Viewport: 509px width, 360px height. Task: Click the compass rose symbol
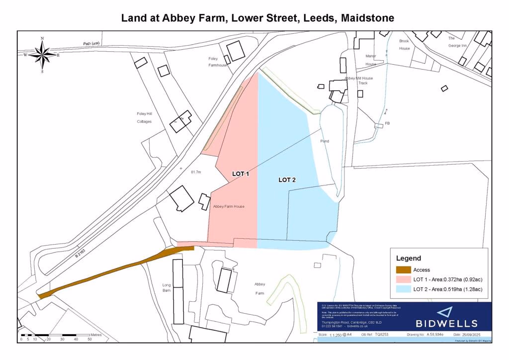(x=42, y=55)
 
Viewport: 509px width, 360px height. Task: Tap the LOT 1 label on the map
(x=241, y=174)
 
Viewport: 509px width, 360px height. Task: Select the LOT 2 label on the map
(x=287, y=180)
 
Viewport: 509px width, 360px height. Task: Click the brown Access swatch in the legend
(x=403, y=270)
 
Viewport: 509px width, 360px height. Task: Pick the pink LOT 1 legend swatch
(x=403, y=279)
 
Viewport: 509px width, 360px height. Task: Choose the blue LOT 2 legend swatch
(x=403, y=289)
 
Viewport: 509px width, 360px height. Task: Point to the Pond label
(x=325, y=141)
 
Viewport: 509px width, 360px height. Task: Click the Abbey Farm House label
(x=228, y=206)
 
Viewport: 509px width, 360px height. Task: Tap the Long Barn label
(x=167, y=287)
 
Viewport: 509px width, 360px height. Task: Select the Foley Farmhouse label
(x=217, y=62)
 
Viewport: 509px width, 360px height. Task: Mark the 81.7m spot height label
(x=196, y=172)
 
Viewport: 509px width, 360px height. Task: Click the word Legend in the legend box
(x=408, y=258)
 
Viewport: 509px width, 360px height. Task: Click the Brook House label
(x=405, y=45)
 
